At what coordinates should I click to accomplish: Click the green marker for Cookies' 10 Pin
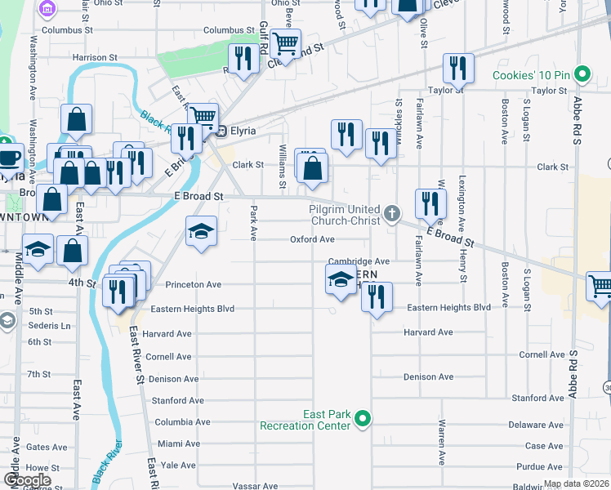click(x=582, y=75)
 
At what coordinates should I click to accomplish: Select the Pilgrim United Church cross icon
click(x=392, y=215)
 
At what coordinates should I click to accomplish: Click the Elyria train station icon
click(x=210, y=131)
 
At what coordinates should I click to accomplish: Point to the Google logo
click(x=27, y=480)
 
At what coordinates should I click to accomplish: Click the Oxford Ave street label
click(x=312, y=239)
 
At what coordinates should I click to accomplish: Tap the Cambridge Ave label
click(x=359, y=261)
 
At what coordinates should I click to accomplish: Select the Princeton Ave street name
click(x=194, y=285)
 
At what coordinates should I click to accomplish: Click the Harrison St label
click(x=94, y=58)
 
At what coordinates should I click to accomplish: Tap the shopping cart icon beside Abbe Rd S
click(x=600, y=286)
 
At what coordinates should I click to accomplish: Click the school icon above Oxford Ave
click(x=200, y=231)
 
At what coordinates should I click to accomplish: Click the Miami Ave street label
click(x=179, y=443)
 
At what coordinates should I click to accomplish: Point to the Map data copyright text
click(x=576, y=483)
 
